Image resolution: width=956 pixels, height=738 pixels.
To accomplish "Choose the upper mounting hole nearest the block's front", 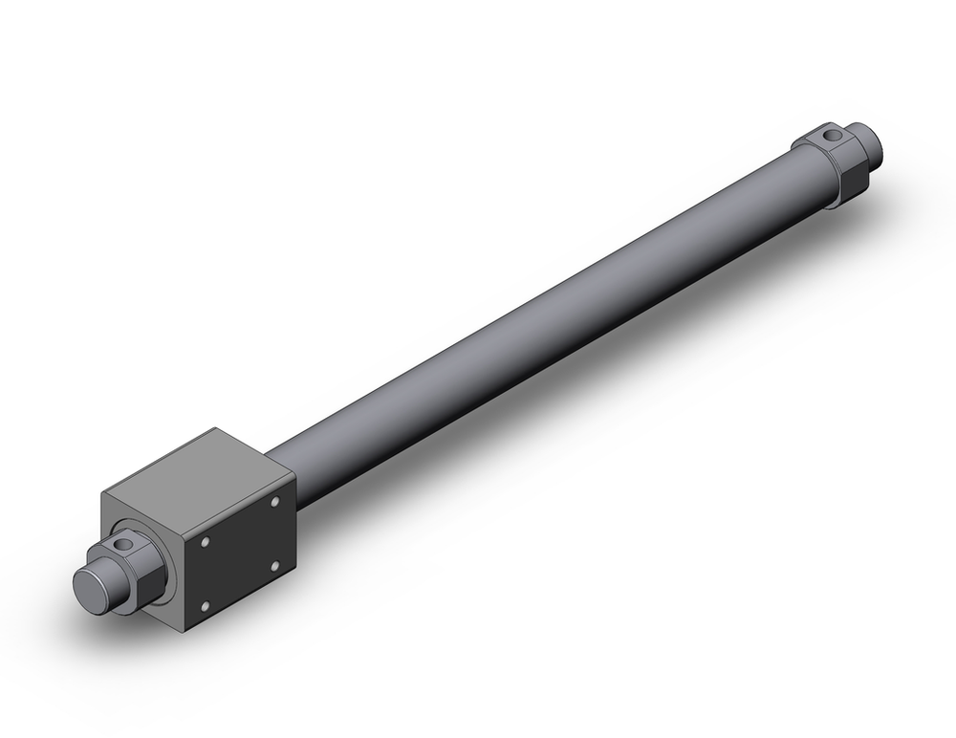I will tap(205, 542).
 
